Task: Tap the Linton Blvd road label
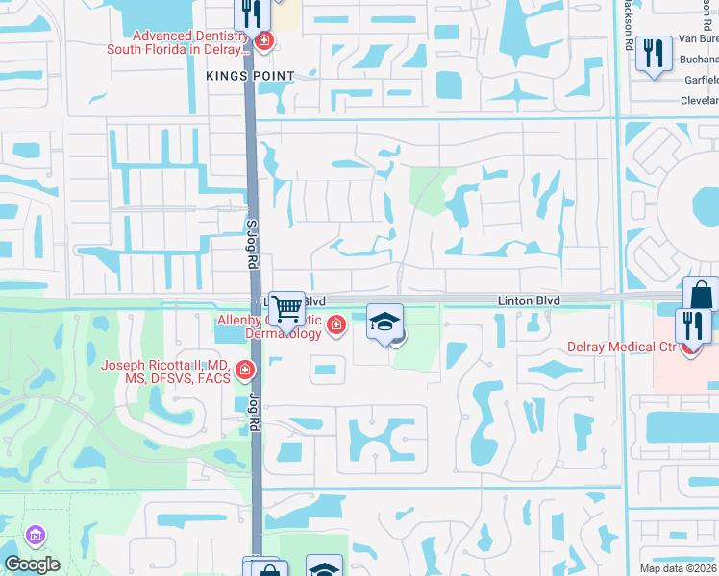(529, 300)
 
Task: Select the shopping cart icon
(286, 308)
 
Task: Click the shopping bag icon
(701, 295)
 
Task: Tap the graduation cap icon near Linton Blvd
(384, 321)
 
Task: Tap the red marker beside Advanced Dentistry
(263, 41)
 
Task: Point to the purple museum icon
(36, 535)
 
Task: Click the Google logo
(32, 564)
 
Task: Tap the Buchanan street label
(699, 60)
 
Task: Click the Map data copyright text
(672, 568)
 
